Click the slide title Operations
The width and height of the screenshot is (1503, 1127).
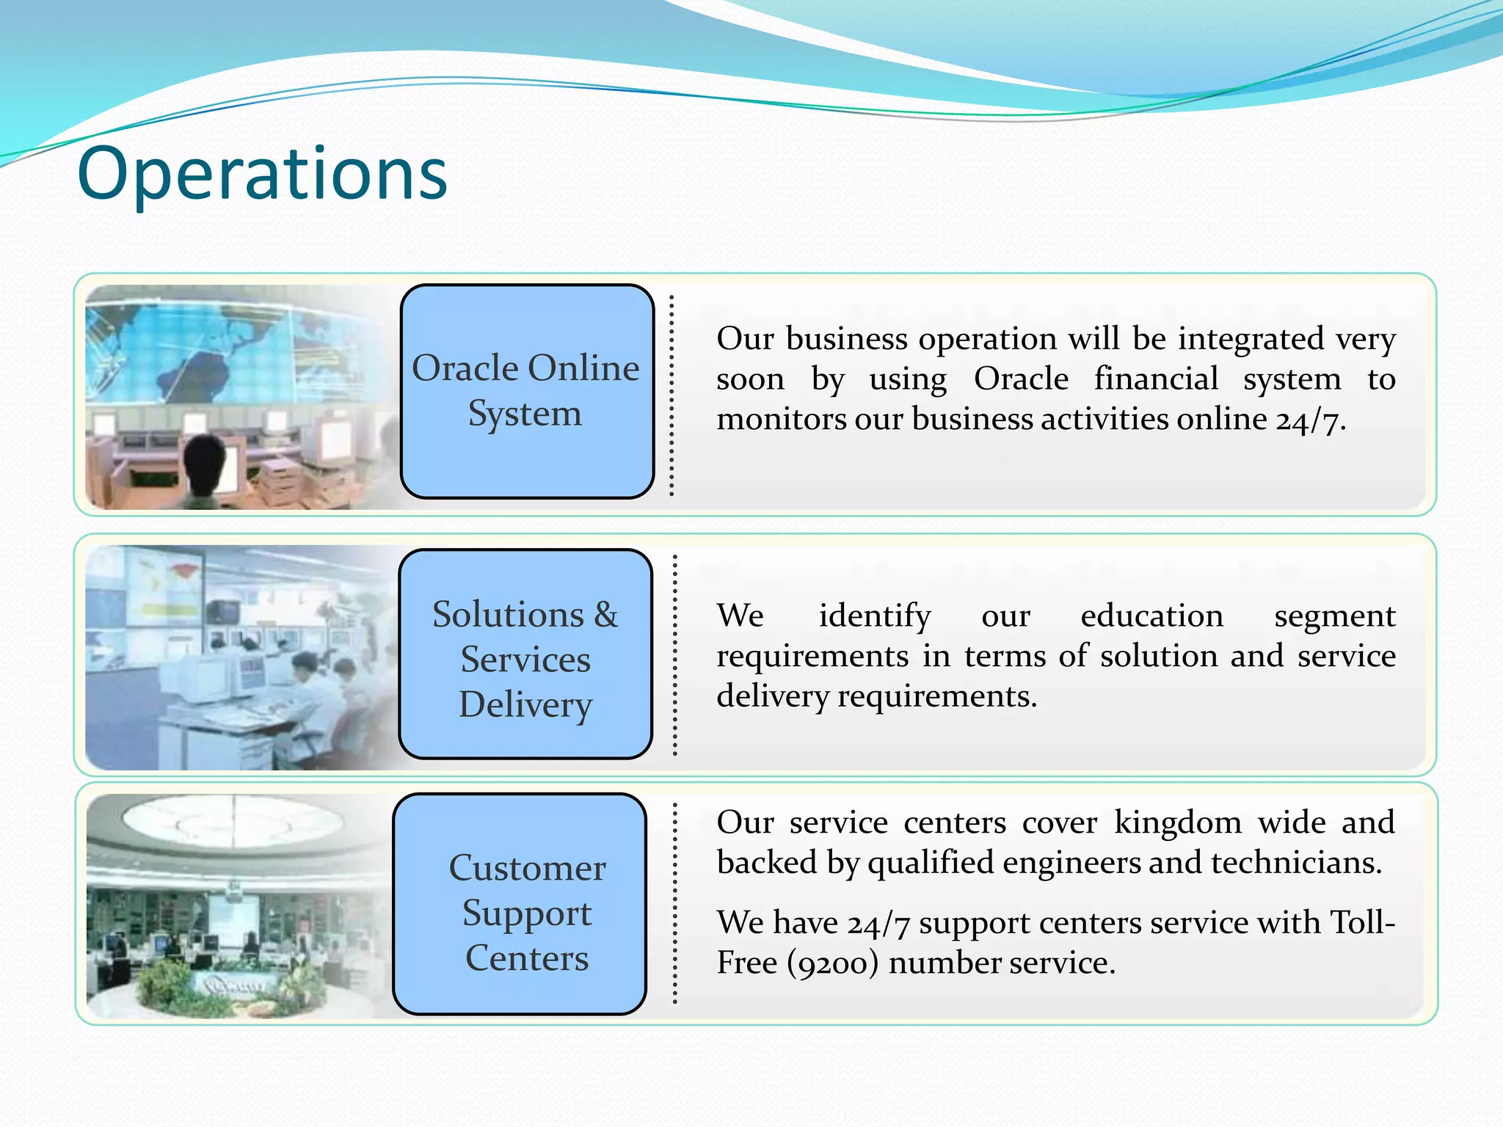pos(262,174)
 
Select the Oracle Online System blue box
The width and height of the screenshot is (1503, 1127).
pos(527,391)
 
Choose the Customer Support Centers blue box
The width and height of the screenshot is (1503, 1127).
pos(520,904)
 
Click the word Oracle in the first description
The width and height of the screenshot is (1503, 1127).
pos(1021,379)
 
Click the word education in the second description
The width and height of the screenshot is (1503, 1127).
pos(1151,616)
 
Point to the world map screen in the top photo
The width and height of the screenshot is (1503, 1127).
pos(220,352)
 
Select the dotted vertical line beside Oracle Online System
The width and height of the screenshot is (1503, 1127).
pos(672,396)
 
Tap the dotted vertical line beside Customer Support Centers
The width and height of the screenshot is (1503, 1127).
pos(675,904)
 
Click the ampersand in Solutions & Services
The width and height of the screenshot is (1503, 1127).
pos(606,615)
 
